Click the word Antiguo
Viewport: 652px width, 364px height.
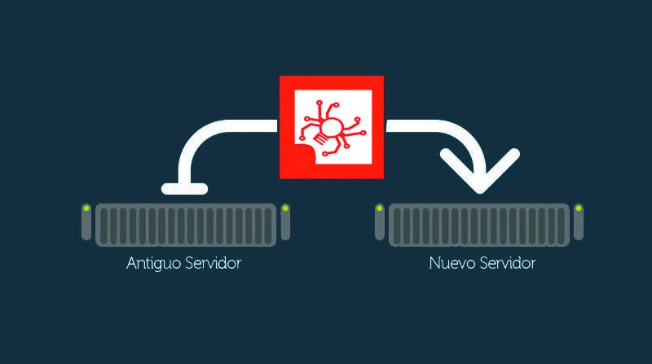pyautogui.click(x=153, y=264)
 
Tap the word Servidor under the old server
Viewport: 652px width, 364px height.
pyautogui.click(x=213, y=263)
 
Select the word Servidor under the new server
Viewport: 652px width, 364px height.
pyautogui.click(x=508, y=263)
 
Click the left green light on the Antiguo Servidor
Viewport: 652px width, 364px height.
pyautogui.click(x=86, y=208)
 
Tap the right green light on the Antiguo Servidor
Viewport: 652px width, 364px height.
pyautogui.click(x=285, y=208)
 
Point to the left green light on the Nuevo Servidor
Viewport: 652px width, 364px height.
pyautogui.click(x=379, y=208)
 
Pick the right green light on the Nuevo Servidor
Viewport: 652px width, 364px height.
pyautogui.click(x=579, y=208)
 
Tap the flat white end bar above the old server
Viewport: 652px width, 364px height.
pyautogui.click(x=185, y=189)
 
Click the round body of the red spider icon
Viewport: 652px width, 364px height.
pyautogui.click(x=332, y=128)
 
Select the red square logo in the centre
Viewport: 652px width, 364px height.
pyautogui.click(x=332, y=127)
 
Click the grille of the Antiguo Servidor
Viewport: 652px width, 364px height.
pyautogui.click(x=186, y=225)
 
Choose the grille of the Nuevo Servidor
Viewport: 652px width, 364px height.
pyautogui.click(x=479, y=225)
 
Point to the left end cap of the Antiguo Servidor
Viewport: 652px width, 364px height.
pyautogui.click(x=86, y=221)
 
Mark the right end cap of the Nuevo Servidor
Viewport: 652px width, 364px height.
pyautogui.click(x=579, y=221)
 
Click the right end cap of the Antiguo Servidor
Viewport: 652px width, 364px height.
pyautogui.click(x=285, y=221)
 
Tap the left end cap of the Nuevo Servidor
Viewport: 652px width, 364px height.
pyautogui.click(x=379, y=221)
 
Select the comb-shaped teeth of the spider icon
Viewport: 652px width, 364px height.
pyautogui.click(x=320, y=138)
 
